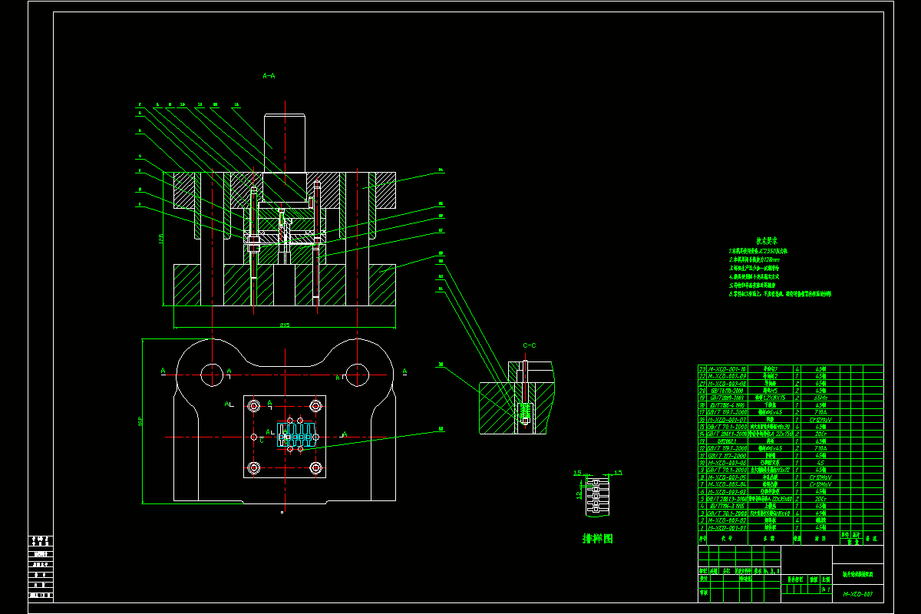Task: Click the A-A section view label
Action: (269, 76)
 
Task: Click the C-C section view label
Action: (530, 346)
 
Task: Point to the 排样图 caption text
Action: (598, 539)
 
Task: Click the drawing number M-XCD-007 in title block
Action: (859, 594)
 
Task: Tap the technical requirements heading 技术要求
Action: (768, 240)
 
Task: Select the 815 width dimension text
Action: (285, 325)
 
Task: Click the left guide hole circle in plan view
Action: (213, 375)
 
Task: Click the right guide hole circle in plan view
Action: (356, 375)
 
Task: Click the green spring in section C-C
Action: (525, 413)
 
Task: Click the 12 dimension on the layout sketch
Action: (579, 495)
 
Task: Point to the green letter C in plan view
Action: (262, 440)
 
